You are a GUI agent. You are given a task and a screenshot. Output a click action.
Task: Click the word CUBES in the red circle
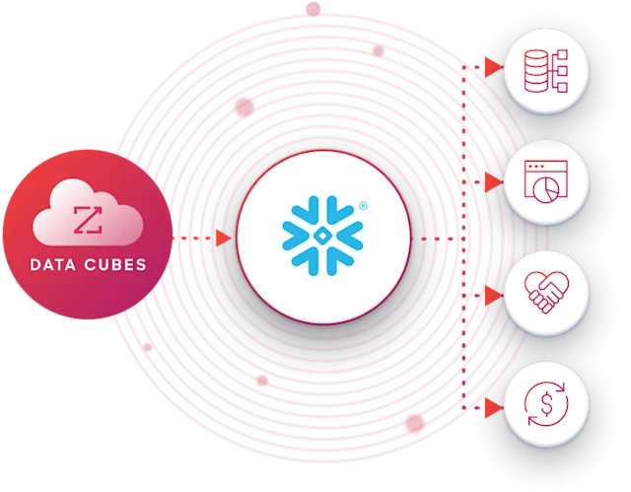[115, 264]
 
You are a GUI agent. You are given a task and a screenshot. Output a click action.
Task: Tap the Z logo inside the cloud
[88, 220]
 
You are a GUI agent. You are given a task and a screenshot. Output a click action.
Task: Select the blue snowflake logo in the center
[322, 236]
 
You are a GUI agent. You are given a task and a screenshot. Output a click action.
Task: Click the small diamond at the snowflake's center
[322, 237]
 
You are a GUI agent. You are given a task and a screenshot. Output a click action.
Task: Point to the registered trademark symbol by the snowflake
[363, 206]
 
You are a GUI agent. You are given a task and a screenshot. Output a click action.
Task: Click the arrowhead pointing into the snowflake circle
[224, 239]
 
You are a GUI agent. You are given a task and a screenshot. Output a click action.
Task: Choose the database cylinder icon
[536, 70]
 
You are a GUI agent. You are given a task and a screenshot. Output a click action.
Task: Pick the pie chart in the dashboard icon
[546, 189]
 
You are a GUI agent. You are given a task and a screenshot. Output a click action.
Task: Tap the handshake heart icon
[546, 292]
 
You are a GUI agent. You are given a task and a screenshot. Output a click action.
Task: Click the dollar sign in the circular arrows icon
[546, 404]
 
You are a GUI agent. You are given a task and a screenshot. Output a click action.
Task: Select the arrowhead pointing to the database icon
[493, 67]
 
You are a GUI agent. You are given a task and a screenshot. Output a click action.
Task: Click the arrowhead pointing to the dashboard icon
[493, 182]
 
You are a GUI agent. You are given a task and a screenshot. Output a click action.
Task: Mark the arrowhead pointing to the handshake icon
[493, 296]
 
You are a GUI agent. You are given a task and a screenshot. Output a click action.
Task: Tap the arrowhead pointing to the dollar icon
[493, 408]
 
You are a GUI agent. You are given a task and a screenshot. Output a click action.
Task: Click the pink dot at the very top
[314, 9]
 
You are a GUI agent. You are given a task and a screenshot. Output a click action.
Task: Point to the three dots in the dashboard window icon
[536, 166]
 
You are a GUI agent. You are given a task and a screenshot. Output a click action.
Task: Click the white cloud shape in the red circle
[88, 212]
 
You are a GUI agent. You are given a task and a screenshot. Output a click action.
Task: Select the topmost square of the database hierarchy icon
[563, 54]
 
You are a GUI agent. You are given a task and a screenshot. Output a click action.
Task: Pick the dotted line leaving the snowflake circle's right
[437, 239]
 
